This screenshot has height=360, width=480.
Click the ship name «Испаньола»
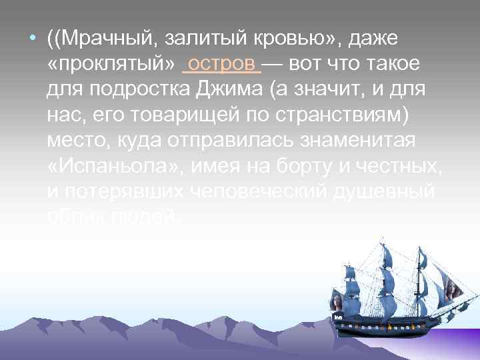click(x=113, y=166)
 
